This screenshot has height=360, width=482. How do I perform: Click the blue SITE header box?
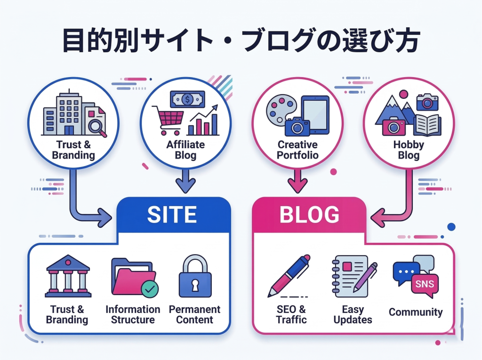(x=172, y=215)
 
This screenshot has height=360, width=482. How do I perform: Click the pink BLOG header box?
(x=309, y=215)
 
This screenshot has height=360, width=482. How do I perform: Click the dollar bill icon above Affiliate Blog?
(x=187, y=99)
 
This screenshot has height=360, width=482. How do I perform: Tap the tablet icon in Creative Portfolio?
(x=315, y=115)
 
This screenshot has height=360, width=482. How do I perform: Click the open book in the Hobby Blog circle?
(x=427, y=125)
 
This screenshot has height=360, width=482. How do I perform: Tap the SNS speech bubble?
(x=425, y=284)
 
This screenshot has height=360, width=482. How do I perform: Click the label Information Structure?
(x=133, y=315)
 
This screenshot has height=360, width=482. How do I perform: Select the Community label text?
(x=416, y=312)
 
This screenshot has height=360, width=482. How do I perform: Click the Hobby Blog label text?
(x=408, y=150)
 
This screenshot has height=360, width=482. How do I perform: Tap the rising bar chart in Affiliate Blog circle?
(x=203, y=122)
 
